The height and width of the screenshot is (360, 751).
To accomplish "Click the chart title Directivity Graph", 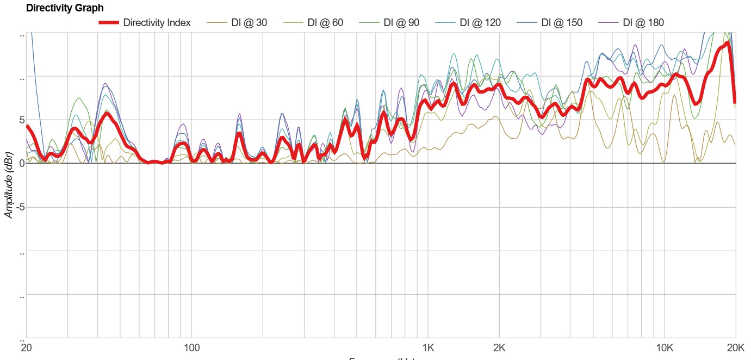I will coord(65,8).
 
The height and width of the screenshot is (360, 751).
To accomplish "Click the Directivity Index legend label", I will coord(157,23).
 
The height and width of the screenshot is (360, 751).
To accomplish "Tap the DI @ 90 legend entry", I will coord(401,23).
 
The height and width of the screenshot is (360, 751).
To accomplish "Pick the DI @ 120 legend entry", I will coord(480,23).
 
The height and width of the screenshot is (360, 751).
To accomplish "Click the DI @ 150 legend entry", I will coord(562,23).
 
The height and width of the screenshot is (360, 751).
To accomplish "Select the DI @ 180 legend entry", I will coord(643,23).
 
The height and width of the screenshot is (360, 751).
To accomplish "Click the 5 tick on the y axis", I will coord(22,120).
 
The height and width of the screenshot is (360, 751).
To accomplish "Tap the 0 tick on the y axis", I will coord(22,163).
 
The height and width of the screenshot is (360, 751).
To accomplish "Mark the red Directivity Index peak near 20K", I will coord(727,44).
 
